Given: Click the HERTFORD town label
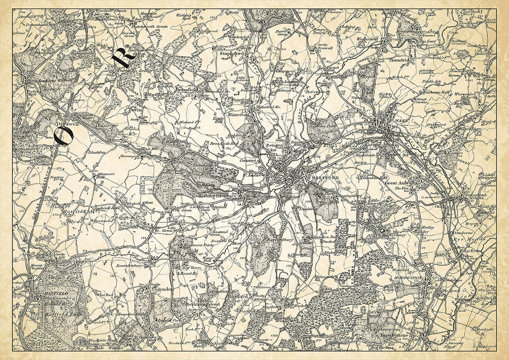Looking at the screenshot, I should pos(316,177).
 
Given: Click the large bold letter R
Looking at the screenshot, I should pos(119,56).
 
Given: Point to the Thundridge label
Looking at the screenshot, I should pos(402,60).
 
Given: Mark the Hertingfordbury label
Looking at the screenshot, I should pos(214,196).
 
